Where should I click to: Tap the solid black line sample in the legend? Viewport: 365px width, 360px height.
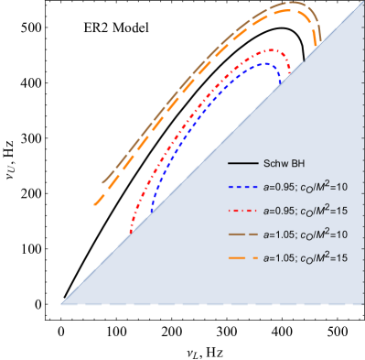241,164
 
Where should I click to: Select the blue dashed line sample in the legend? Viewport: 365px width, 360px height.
241,188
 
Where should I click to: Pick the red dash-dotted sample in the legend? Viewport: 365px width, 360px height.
241,212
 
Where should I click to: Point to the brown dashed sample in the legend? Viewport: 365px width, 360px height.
241,235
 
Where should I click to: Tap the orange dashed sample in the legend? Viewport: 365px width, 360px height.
241,259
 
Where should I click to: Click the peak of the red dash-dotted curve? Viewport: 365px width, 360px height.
271,49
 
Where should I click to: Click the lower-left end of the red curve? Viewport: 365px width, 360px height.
130,232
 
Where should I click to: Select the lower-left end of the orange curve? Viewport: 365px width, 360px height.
94,205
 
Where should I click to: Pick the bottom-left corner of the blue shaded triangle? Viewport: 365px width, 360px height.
61,303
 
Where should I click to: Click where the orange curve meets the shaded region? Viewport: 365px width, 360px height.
318,43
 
